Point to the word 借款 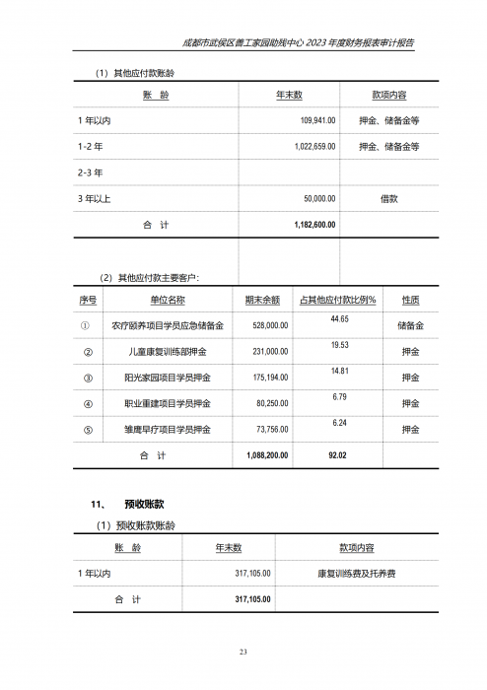388,198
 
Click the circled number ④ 88,404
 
